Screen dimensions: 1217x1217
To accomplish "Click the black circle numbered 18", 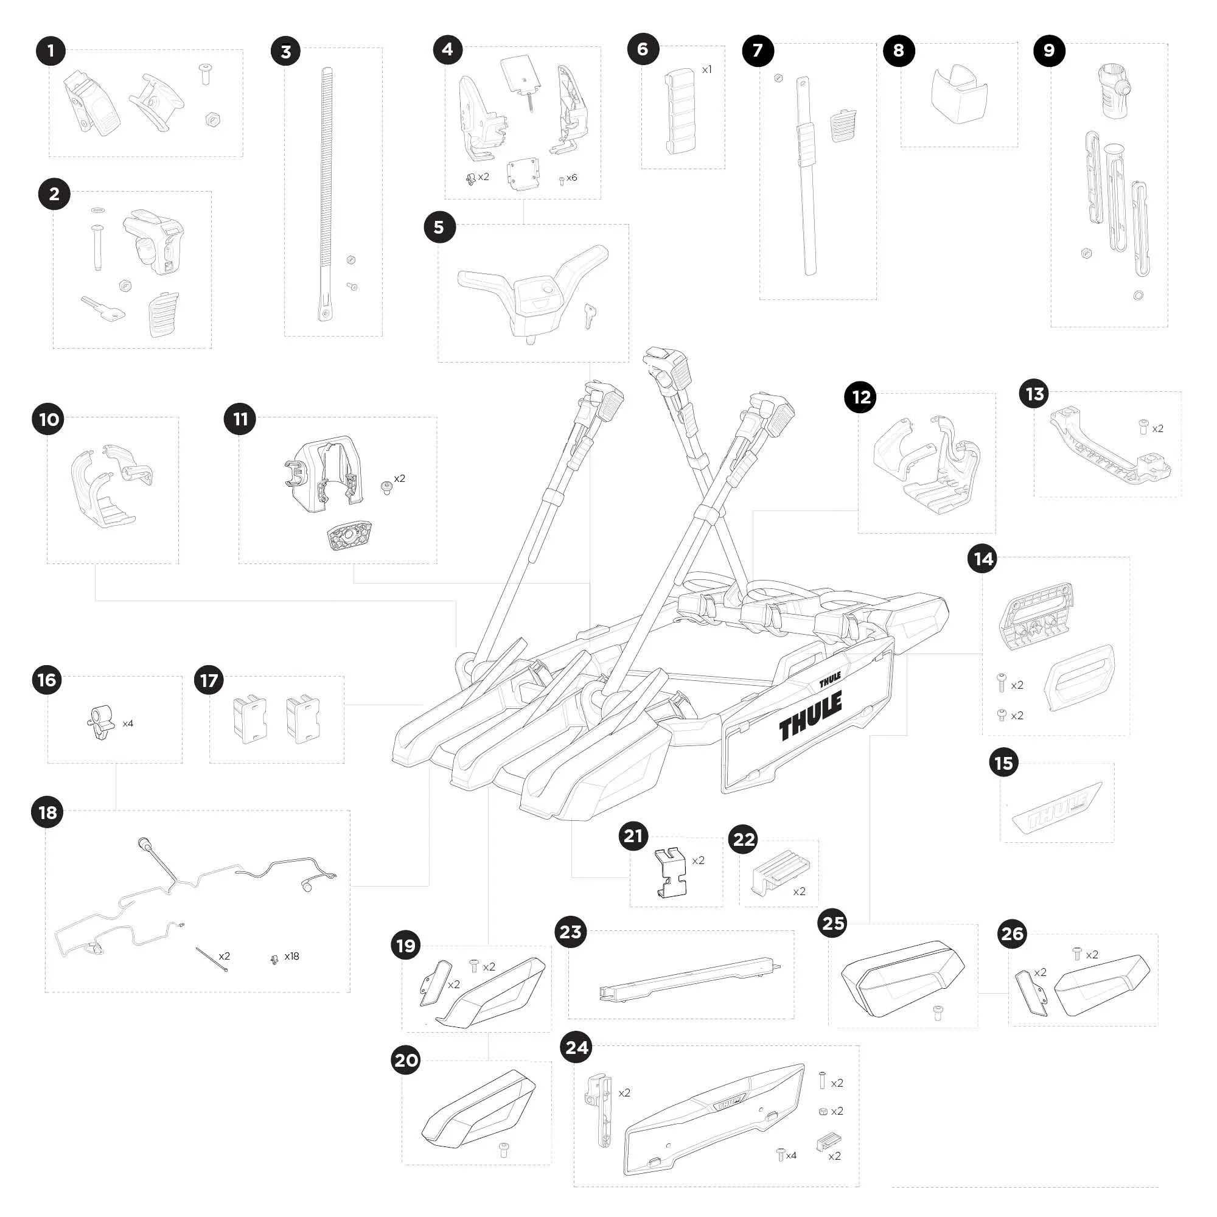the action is (x=48, y=812).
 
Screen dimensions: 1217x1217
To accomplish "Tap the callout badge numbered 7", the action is (x=758, y=51).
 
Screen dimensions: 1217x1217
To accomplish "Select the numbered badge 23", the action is (x=571, y=932).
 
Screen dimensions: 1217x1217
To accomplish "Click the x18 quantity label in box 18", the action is (x=291, y=956).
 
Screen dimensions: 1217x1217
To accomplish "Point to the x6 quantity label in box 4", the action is (x=571, y=178).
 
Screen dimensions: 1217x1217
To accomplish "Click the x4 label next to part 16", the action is (x=128, y=724).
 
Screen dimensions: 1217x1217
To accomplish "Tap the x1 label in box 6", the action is (x=706, y=69).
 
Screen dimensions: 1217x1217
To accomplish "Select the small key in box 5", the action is (x=589, y=316).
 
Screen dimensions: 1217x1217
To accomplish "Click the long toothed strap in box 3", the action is (x=327, y=195).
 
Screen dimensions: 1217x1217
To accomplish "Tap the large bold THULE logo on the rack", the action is (x=811, y=715).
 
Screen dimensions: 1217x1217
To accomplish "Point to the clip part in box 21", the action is (x=671, y=872).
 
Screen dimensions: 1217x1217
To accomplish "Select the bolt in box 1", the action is (x=204, y=74).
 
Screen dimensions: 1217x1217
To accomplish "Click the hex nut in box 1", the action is (x=213, y=119).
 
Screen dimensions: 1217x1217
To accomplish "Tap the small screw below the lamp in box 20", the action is (x=503, y=1149).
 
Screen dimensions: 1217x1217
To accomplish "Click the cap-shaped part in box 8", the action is (x=960, y=93).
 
